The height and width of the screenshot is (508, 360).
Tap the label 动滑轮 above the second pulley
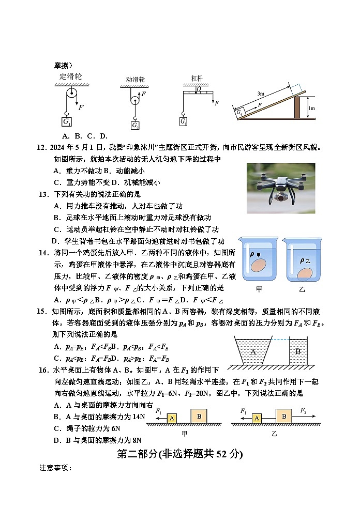[x=135, y=80]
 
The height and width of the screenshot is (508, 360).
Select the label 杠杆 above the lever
[x=197, y=78]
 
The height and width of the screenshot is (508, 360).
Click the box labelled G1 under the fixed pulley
[x=67, y=122]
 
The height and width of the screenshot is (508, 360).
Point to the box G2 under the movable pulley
[x=135, y=126]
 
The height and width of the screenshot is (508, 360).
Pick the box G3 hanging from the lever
[x=184, y=121]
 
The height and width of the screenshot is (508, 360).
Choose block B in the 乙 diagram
[x=284, y=415]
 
